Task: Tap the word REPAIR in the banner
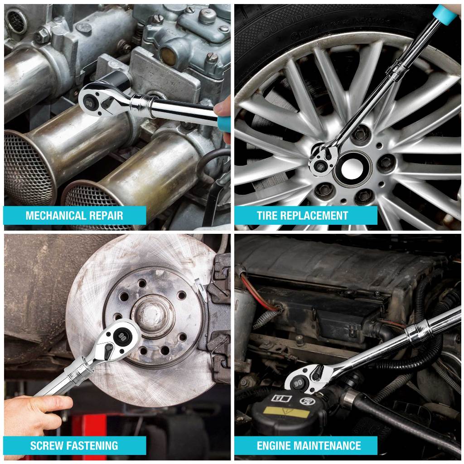[106, 215]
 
